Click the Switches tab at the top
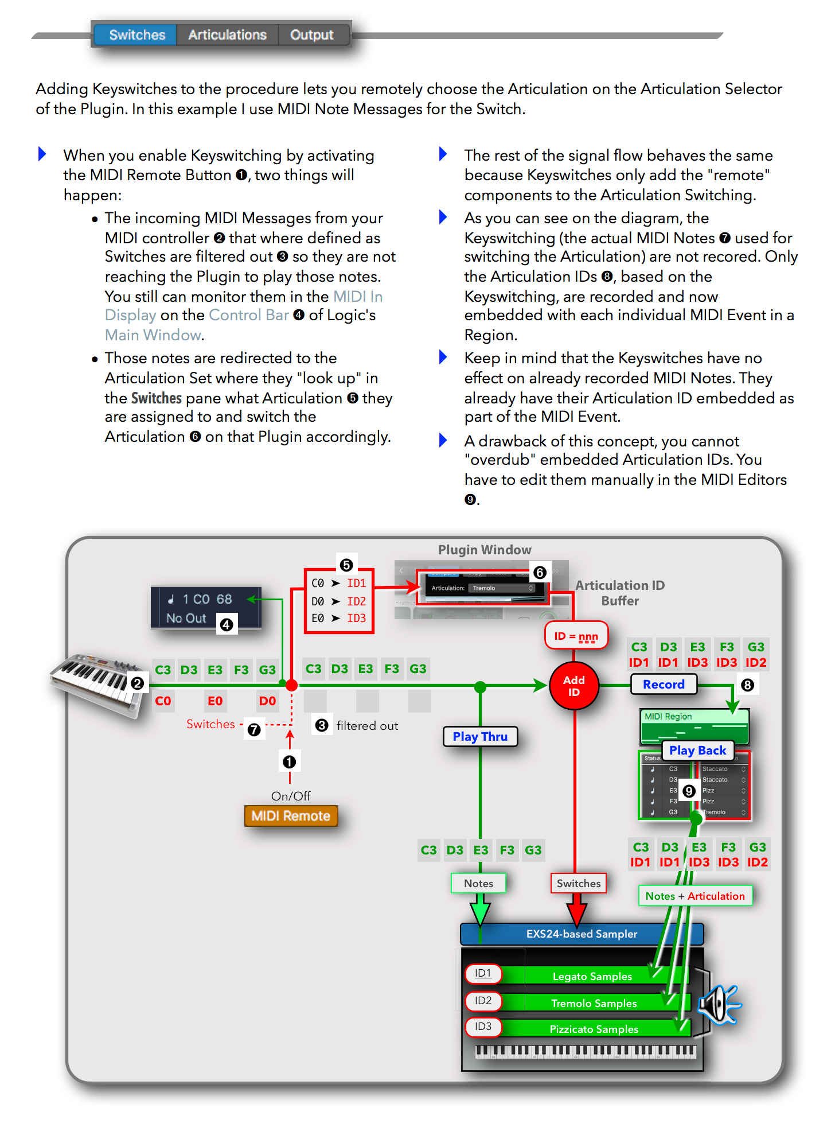[x=137, y=35]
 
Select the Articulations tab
[x=227, y=35]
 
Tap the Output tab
[x=311, y=35]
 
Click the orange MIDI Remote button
[x=291, y=816]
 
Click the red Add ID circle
[x=573, y=686]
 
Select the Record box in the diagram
[x=664, y=685]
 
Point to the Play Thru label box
[x=480, y=737]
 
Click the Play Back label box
[x=697, y=751]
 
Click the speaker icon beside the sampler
[x=719, y=1005]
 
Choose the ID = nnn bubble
[x=576, y=636]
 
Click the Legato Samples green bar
[x=592, y=976]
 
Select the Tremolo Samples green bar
[x=594, y=1003]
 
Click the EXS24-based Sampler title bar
[x=582, y=934]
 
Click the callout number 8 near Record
[x=747, y=685]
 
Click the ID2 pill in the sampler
[x=483, y=1001]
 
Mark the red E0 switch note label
[x=215, y=701]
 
